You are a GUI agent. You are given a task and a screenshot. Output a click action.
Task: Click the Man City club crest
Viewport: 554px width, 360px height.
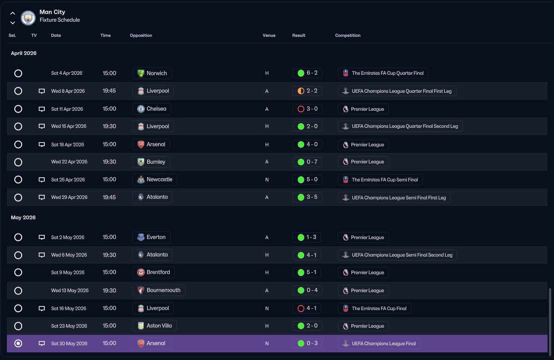coord(28,18)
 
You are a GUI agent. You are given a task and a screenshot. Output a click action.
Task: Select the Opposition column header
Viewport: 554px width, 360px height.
coord(141,36)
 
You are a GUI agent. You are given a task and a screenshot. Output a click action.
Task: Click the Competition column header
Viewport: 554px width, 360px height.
coord(348,36)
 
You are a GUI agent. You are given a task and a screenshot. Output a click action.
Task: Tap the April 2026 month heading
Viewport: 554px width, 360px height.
coord(24,53)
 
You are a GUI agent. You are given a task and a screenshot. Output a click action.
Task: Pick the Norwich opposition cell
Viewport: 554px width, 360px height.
coord(152,73)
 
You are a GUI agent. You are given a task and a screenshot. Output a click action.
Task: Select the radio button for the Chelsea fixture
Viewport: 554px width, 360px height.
coord(18,109)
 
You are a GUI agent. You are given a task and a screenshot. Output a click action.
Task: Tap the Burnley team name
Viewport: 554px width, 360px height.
coord(156,162)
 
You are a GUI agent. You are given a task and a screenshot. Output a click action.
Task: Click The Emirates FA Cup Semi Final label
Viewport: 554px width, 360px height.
coord(385,180)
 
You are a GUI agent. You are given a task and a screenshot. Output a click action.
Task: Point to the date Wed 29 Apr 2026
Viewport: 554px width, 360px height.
coord(69,197)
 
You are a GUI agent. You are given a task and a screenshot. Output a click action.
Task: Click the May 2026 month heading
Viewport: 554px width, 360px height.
coord(23,217)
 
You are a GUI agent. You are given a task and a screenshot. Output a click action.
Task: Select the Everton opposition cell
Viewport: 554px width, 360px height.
coord(151,237)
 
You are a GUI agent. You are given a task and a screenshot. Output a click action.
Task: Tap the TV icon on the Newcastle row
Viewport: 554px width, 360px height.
coord(42,180)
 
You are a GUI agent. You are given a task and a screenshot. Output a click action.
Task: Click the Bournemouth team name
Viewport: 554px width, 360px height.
coord(163,290)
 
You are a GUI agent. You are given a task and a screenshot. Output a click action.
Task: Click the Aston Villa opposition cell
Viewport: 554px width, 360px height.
coord(155,326)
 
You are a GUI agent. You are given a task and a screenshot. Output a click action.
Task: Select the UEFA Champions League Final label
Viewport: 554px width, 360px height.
coord(384,343)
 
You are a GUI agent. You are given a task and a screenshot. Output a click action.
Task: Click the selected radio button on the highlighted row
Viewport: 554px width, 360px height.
coord(18,343)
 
